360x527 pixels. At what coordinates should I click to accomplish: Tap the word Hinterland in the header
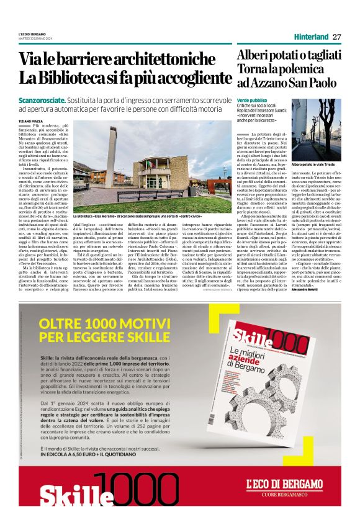310,37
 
